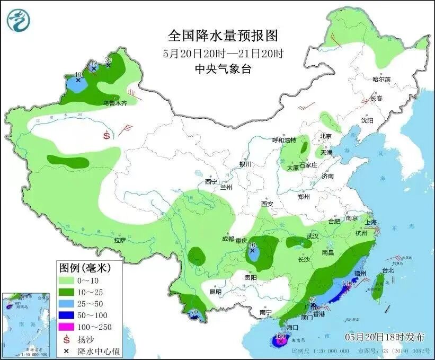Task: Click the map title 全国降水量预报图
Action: point(223,36)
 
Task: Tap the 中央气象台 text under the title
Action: point(223,69)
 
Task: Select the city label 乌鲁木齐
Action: point(115,103)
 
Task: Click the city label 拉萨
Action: point(120,240)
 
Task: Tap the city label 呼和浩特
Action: point(283,140)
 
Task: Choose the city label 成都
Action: point(228,239)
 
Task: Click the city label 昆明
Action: point(216,292)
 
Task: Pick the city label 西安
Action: point(266,204)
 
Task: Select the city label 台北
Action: point(388,270)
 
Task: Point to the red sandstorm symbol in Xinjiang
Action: point(107,135)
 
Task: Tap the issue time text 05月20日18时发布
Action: point(385,337)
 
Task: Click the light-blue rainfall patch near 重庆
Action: point(253,254)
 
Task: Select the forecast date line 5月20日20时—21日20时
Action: point(223,53)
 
